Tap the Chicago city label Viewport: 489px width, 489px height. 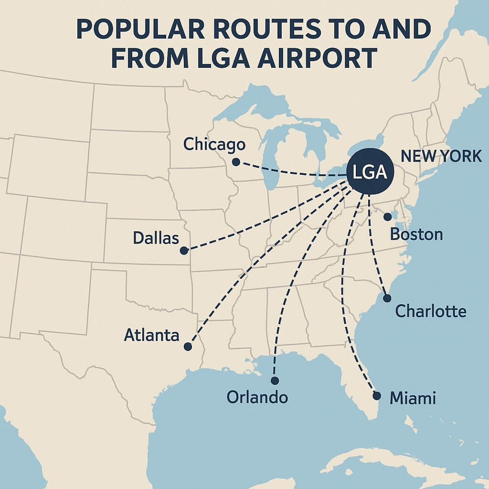[214, 144]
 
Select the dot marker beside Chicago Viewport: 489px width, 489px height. [235, 162]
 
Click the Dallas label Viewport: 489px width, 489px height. [156, 237]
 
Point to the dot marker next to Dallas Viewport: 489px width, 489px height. [183, 250]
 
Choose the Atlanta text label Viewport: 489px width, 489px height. [151, 335]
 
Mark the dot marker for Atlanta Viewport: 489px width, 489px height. [188, 346]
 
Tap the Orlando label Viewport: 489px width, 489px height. [257, 397]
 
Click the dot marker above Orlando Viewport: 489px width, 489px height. [275, 381]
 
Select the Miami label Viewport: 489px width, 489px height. [413, 398]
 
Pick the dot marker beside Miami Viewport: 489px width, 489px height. [376, 396]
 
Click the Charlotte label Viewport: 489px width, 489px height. [431, 311]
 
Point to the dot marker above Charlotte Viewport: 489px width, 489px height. [387, 298]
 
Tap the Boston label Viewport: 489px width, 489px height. [416, 234]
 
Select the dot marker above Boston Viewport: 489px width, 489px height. [387, 217]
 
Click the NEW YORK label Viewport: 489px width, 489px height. [441, 156]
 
